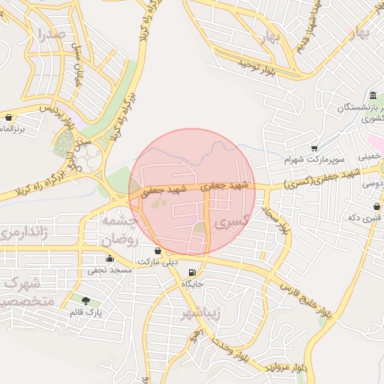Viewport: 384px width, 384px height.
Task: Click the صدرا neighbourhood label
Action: tap(51, 34)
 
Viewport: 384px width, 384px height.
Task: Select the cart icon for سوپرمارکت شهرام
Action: tap(314, 148)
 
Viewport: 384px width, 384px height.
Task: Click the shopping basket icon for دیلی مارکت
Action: tap(157, 250)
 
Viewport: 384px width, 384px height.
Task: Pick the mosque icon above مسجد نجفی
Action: tap(110, 258)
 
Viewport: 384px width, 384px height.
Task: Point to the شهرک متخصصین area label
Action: tap(22, 292)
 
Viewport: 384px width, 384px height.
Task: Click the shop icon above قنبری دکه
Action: tap(376, 206)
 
